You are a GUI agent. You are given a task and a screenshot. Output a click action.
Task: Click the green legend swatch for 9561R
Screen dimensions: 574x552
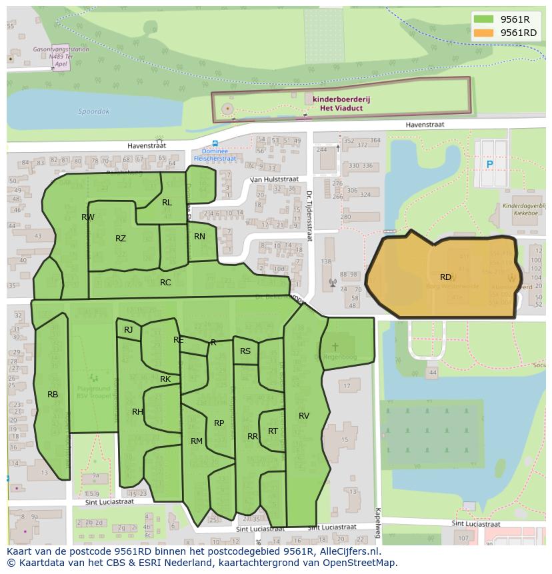pyautogui.click(x=483, y=19)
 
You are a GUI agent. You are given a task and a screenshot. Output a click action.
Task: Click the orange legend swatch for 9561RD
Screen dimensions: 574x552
pyautogui.click(x=483, y=33)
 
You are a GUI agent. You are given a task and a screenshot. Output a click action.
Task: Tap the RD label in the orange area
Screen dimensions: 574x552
pyautogui.click(x=445, y=277)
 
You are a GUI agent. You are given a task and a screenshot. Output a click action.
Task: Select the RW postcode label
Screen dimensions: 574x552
pyautogui.click(x=88, y=217)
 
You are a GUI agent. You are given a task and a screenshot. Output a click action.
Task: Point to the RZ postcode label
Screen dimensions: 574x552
pyautogui.click(x=121, y=239)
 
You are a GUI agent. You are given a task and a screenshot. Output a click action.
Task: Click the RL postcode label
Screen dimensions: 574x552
pyautogui.click(x=167, y=203)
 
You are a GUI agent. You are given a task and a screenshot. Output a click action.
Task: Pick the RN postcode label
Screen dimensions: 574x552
pyautogui.click(x=199, y=237)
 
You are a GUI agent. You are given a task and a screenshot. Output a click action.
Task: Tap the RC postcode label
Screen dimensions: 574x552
pyautogui.click(x=165, y=283)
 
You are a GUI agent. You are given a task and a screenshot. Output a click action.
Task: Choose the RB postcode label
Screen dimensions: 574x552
pyautogui.click(x=53, y=395)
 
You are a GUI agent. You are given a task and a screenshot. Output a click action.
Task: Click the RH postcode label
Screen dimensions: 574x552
pyautogui.click(x=137, y=412)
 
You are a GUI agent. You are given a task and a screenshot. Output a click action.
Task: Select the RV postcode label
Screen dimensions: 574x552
pyautogui.click(x=304, y=416)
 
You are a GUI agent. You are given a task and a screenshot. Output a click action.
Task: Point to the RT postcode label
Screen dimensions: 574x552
pyautogui.click(x=273, y=431)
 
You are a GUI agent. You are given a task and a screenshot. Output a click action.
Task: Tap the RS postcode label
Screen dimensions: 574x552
pyautogui.click(x=245, y=351)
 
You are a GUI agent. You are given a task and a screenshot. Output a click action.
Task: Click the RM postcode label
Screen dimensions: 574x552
pyautogui.click(x=197, y=441)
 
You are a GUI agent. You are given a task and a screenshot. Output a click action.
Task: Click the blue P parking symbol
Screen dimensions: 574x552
pyautogui.click(x=490, y=165)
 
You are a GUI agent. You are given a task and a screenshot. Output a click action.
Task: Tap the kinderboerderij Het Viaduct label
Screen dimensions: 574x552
pyautogui.click(x=341, y=103)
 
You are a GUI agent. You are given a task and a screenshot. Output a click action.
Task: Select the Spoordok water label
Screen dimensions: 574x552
pyautogui.click(x=93, y=112)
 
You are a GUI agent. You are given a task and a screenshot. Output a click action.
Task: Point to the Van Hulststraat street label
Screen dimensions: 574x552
pyautogui.click(x=274, y=179)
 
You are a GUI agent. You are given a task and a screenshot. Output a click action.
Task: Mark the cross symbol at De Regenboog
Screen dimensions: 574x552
pyautogui.click(x=335, y=347)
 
